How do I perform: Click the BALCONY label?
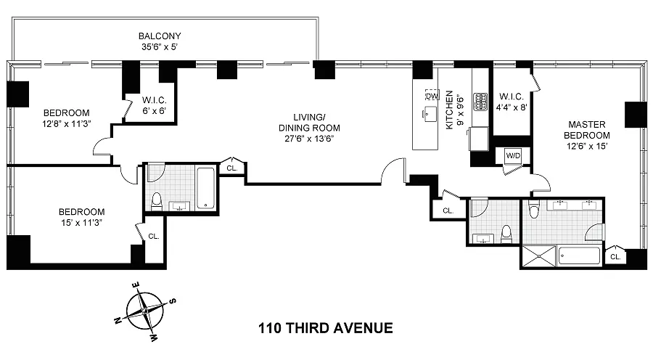pos(160,36)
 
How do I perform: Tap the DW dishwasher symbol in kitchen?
pos(432,96)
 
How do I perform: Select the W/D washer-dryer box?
pos(513,156)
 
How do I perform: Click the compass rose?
pos(145,311)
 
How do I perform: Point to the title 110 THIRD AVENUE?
pos(325,328)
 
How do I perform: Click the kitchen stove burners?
pos(480,102)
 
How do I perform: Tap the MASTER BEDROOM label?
pos(587,130)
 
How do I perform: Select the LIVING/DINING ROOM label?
pos(309,123)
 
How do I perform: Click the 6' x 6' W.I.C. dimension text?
pos(154,111)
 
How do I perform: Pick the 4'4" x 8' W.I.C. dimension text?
pos(512,107)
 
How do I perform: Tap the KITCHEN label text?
pos(449,110)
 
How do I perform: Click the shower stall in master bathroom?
pos(538,255)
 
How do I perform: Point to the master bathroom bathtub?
pos(579,255)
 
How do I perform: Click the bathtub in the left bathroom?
pos(206,188)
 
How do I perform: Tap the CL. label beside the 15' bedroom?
pos(154,237)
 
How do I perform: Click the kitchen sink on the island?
pos(430,113)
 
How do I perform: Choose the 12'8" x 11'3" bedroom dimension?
pos(67,123)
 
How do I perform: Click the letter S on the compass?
pos(173,300)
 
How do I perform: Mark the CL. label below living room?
pos(232,168)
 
